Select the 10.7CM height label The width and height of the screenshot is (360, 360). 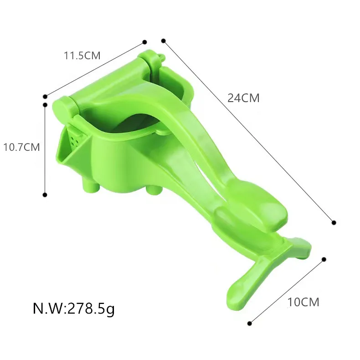22,147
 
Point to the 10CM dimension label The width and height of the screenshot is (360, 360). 303,302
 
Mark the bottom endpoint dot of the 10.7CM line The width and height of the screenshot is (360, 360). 45,195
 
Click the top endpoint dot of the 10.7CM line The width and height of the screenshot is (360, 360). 45,105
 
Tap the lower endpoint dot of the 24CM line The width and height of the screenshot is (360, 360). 334,222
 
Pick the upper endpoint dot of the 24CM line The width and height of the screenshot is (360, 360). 163,41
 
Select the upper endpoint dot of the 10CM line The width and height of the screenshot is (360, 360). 324,259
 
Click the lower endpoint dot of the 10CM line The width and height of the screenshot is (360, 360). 249,324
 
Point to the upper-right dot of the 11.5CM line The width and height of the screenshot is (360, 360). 144,41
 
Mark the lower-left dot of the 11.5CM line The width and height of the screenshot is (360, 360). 45,96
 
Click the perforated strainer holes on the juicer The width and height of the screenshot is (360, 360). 76,137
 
